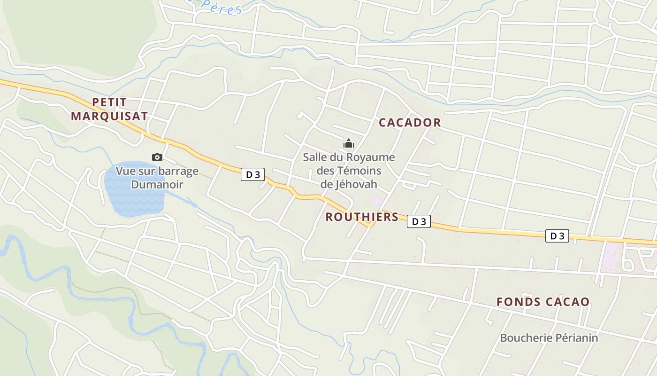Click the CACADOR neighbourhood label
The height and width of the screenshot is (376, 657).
coord(410,123)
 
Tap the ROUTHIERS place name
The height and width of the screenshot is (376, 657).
coord(362,217)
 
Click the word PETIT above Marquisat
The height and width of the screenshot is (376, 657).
coord(109,102)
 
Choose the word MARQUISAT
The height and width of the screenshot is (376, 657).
coord(109,116)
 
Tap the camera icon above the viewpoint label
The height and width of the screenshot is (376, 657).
coord(157,157)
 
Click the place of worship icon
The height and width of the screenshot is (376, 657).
coord(349,143)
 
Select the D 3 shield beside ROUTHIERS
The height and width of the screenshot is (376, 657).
coord(419,221)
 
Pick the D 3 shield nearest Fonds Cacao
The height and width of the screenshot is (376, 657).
coord(557,236)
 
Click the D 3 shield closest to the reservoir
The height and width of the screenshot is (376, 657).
coord(252,175)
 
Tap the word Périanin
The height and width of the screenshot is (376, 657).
coord(577,337)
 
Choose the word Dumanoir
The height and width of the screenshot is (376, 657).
coord(157,184)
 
